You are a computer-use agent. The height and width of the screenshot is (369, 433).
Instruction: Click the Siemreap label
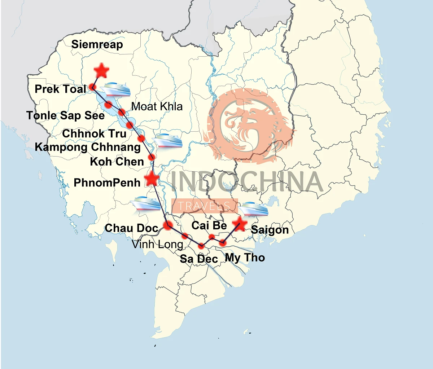97,44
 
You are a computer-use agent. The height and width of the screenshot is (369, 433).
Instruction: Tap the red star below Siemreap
101,71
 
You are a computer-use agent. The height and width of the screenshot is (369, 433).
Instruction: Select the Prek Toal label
60,89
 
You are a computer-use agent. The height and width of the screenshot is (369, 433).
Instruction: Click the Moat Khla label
157,106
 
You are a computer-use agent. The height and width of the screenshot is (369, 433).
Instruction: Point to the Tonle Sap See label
65,115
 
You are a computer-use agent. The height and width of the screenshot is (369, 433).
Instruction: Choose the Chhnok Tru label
94,133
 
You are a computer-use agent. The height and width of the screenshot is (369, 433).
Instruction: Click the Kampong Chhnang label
88,147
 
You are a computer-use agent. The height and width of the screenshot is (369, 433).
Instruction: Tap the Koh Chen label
117,162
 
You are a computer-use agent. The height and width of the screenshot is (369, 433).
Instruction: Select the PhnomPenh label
107,183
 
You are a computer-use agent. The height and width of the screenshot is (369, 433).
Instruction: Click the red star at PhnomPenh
152,178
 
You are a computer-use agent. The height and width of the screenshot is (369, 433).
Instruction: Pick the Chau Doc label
131,228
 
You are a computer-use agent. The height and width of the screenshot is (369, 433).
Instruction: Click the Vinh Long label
157,244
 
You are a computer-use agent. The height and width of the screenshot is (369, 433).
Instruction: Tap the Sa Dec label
199,259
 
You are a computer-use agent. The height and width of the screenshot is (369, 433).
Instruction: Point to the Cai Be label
209,225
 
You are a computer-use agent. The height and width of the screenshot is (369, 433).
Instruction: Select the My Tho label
245,258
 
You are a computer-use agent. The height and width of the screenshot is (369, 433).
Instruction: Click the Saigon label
270,230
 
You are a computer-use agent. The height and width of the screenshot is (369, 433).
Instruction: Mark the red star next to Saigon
239,224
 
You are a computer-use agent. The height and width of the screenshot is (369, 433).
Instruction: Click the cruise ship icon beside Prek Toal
115,89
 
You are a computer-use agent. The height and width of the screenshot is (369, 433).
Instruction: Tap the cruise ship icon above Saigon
254,208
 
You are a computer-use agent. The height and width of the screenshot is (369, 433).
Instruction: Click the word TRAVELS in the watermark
204,206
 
